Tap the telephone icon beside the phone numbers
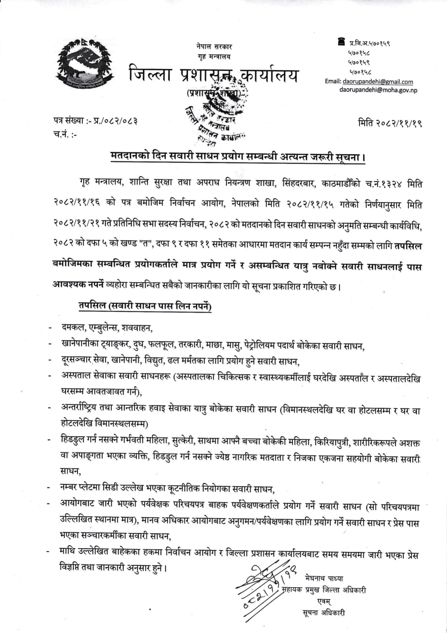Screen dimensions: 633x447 341,42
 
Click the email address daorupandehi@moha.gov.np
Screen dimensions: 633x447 378,90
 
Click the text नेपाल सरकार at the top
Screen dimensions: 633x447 214,47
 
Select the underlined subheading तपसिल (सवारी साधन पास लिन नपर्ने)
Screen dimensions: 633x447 146,305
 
